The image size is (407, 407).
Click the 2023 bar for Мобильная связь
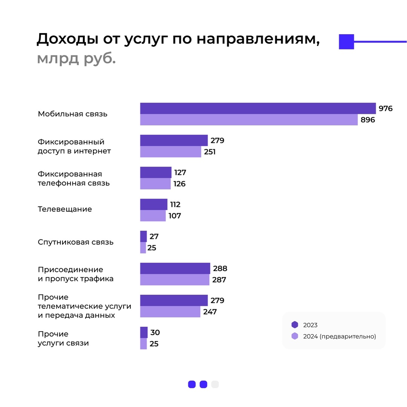point(258,108)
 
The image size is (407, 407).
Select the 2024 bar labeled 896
point(249,120)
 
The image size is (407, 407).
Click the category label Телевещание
point(65,209)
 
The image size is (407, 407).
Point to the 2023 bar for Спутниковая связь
point(144,236)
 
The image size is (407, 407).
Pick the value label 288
point(220,269)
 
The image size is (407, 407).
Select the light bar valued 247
point(170,312)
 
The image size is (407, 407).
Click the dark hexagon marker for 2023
point(295,325)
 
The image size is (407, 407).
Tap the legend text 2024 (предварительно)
point(340,337)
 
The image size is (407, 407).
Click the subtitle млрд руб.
point(76,59)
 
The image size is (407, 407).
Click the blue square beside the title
point(346,41)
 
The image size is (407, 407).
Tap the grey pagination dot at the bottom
point(215,384)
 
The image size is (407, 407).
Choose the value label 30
point(155,332)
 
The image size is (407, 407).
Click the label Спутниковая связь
point(75,242)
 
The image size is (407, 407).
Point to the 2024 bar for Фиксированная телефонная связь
point(155,184)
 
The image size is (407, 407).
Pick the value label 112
point(175,205)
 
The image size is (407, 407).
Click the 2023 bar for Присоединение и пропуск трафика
point(175,268)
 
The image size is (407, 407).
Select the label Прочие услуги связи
point(63,338)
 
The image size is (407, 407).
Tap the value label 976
point(386,109)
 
